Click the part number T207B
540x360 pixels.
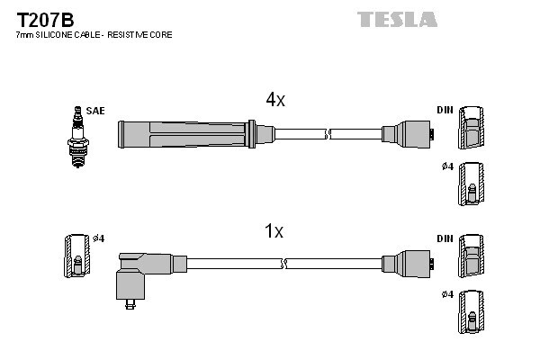(x=45, y=20)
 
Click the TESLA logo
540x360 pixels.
(x=397, y=19)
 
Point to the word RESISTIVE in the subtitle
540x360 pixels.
(x=129, y=35)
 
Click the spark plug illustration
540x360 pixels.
(x=78, y=137)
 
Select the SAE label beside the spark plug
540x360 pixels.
(x=95, y=111)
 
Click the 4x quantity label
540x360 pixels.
(x=275, y=100)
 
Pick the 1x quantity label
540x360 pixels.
(x=274, y=231)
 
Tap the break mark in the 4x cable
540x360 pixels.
(x=328, y=134)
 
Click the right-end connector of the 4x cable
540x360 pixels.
(x=408, y=134)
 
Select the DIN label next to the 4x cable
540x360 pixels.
(x=445, y=110)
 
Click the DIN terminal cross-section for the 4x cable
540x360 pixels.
(x=471, y=128)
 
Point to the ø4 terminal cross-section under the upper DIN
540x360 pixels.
(x=471, y=184)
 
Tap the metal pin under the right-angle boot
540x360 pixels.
(x=130, y=304)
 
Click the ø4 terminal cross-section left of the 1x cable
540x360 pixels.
(x=77, y=256)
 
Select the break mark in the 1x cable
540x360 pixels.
(x=284, y=264)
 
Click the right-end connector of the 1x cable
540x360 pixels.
(x=408, y=264)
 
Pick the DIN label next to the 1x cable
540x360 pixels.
(x=445, y=238)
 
